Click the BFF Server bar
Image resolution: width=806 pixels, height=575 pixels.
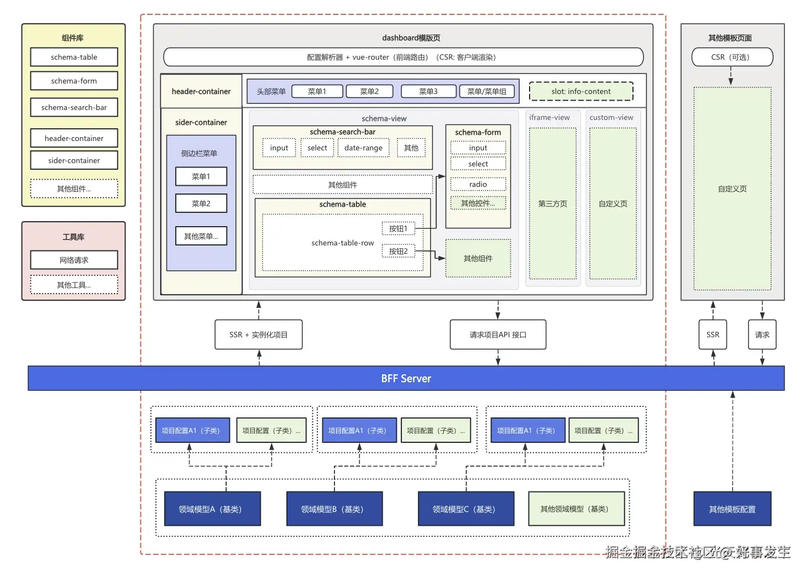[406, 378]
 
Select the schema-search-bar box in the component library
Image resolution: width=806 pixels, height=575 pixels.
[74, 107]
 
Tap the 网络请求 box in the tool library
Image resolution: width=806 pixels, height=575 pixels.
[74, 260]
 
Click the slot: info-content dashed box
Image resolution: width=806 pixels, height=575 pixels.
[581, 91]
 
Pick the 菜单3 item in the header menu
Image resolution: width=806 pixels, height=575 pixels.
[428, 91]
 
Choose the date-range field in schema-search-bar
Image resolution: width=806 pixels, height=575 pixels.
[363, 148]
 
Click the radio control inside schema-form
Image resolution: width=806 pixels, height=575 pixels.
[478, 184]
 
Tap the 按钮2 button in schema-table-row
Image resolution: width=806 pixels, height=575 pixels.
[398, 251]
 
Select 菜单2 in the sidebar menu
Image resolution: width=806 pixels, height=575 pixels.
[201, 203]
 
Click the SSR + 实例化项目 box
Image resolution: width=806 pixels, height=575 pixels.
[258, 334]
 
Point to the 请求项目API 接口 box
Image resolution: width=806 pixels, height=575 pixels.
[498, 334]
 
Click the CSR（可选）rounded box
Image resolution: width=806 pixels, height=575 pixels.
[732, 57]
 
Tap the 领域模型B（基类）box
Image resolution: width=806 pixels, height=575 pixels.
[334, 509]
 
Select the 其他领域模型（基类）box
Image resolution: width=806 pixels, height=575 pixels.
[576, 509]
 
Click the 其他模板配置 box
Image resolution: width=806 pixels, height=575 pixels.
[732, 509]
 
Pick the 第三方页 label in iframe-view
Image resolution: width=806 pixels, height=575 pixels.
[553, 203]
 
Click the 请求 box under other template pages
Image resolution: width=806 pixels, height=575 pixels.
[762, 334]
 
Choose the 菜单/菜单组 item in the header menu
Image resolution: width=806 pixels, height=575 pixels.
[487, 91]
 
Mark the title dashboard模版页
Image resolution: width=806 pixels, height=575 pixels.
[411, 38]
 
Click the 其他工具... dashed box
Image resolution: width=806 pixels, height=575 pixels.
[74, 285]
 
